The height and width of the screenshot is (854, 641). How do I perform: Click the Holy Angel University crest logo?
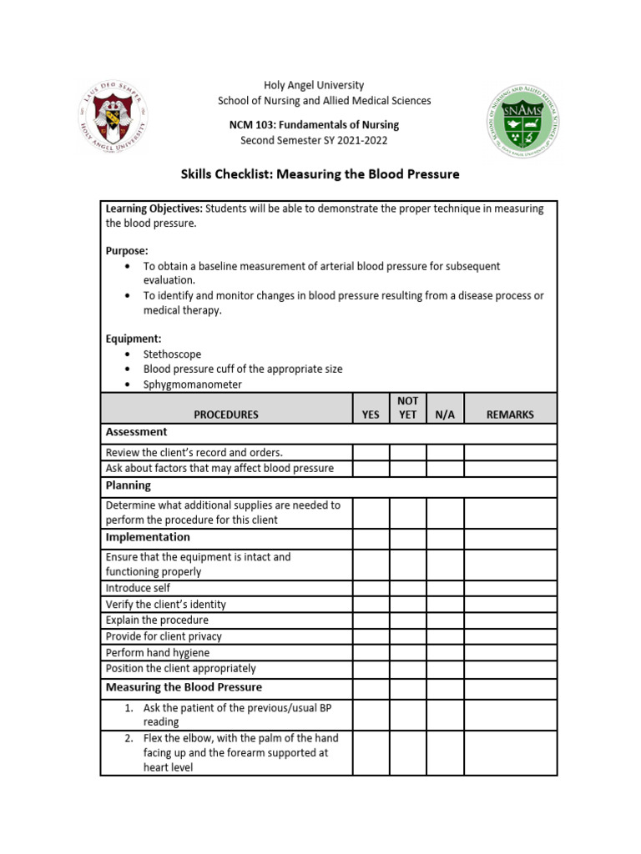point(116,118)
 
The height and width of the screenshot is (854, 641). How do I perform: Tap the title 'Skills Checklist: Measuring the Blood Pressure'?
point(320,174)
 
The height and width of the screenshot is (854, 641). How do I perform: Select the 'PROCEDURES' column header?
point(226,414)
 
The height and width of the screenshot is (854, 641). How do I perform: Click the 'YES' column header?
point(371,414)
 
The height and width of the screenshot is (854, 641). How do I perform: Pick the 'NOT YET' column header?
point(407,408)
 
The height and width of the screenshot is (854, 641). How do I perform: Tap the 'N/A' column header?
point(445,414)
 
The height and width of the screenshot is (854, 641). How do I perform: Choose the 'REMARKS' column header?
point(510,414)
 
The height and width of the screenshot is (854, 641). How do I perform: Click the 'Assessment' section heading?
point(136,432)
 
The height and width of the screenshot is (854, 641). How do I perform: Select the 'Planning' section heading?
point(129,485)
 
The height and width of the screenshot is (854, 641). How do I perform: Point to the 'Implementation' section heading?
point(148,537)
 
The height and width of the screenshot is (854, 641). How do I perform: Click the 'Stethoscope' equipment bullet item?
point(172,354)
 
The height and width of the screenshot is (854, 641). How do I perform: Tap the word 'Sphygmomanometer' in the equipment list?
point(193,384)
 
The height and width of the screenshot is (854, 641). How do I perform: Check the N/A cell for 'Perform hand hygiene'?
point(445,653)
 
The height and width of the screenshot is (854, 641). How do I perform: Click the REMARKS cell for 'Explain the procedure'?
point(510,620)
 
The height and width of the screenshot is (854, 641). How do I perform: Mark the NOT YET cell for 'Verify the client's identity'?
point(407,605)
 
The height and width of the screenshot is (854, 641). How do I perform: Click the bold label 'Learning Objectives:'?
point(154,209)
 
